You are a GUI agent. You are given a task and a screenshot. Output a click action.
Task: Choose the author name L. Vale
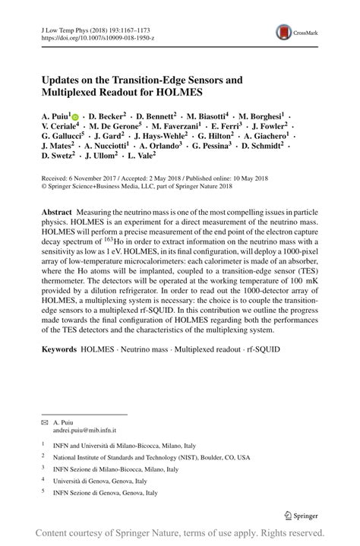pyautogui.click(x=140, y=155)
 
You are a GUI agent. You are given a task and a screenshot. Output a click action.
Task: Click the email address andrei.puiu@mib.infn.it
pyautogui.click(x=84, y=429)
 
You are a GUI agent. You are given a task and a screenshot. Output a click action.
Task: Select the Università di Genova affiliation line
pyautogui.click(x=105, y=480)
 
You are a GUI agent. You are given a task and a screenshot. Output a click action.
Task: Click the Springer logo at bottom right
pyautogui.click(x=302, y=516)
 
